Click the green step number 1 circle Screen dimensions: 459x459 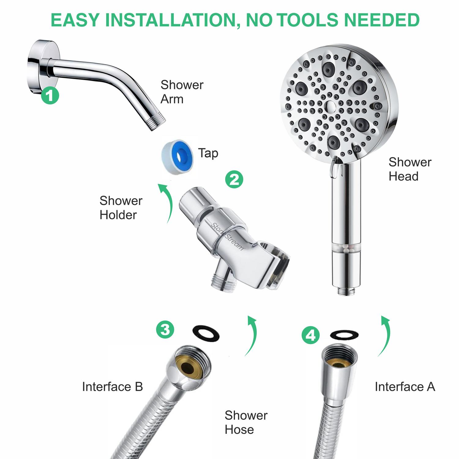(50, 95)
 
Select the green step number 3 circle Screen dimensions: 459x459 (165, 330)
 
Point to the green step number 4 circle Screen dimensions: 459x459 (311, 335)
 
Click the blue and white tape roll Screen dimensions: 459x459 (177, 156)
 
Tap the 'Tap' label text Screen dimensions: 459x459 (208, 153)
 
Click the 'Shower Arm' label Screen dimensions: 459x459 (182, 92)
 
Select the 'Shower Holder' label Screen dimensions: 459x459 (121, 208)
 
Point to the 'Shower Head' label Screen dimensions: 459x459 (410, 169)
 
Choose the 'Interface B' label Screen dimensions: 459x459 (113, 387)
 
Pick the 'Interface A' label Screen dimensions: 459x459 (405, 387)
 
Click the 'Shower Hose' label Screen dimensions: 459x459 (246, 422)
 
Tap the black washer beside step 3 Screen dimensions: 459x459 (206, 333)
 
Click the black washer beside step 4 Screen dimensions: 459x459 (344, 335)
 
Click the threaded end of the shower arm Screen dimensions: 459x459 (156, 122)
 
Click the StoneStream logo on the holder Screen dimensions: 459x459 (228, 237)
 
